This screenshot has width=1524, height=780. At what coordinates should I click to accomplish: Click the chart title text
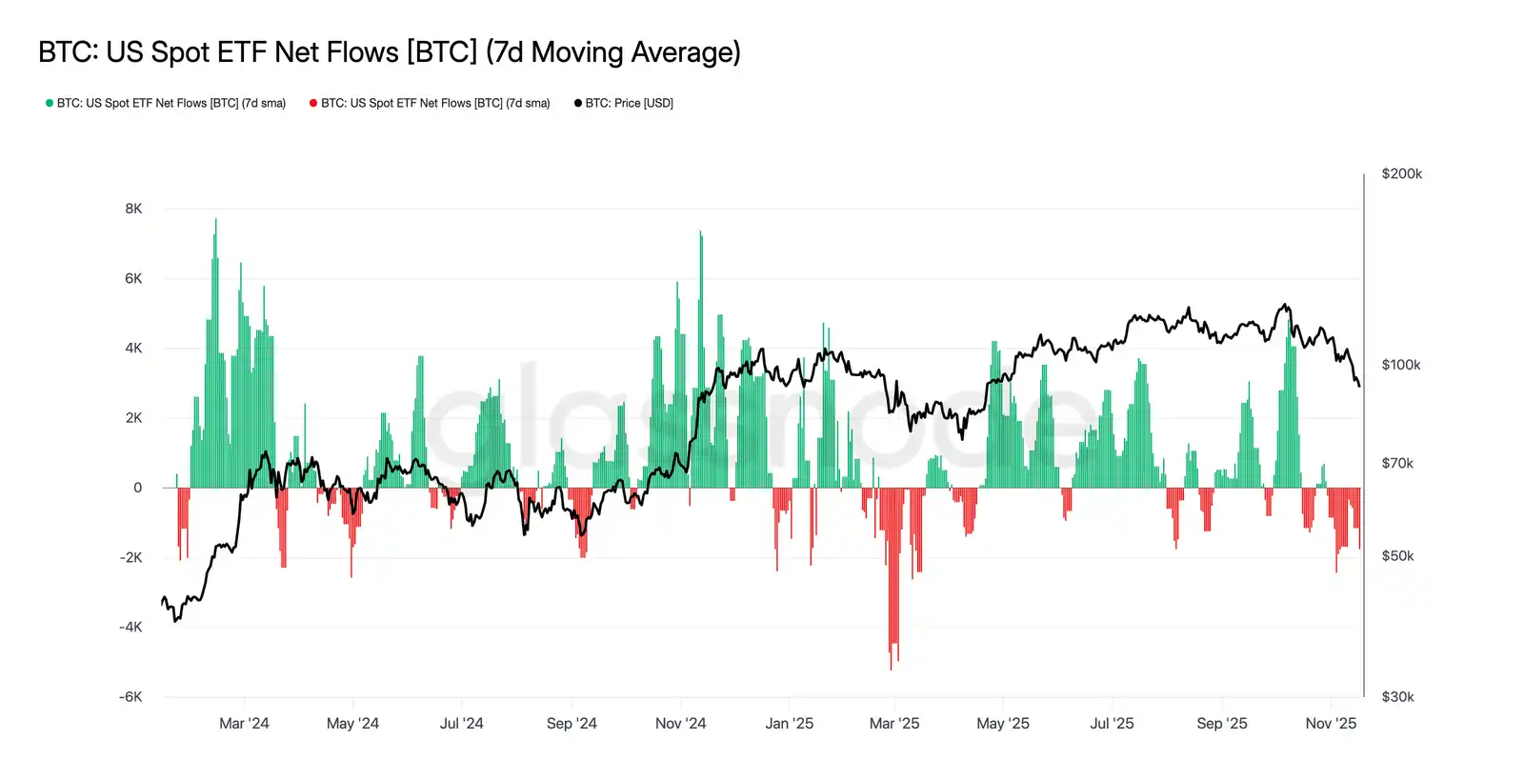(389, 51)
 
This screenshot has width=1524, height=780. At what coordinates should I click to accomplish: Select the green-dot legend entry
(167, 103)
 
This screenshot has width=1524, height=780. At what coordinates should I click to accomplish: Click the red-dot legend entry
(431, 103)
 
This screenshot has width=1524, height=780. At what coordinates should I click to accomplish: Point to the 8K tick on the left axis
(133, 209)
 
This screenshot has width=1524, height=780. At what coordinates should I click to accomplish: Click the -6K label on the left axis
(130, 697)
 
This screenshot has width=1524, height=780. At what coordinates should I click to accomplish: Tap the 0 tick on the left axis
(138, 488)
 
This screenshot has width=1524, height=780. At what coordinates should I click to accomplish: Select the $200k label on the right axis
(1401, 173)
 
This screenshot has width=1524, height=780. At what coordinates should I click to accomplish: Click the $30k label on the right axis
(1397, 697)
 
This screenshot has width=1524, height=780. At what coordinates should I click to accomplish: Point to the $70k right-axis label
(1397, 464)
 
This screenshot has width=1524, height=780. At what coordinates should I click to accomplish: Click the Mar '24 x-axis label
(244, 724)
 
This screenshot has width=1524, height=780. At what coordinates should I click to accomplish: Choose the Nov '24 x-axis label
(680, 724)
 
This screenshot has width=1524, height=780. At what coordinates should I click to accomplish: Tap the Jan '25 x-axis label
(789, 724)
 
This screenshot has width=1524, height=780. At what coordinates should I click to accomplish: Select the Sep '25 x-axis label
(1221, 724)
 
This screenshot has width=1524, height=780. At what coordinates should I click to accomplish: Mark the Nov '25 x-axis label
(1331, 724)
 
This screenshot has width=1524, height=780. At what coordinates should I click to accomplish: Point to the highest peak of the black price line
(1286, 306)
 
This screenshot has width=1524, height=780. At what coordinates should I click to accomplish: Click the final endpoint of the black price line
(1359, 386)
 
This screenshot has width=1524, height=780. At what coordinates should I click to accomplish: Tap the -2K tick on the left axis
(130, 557)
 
